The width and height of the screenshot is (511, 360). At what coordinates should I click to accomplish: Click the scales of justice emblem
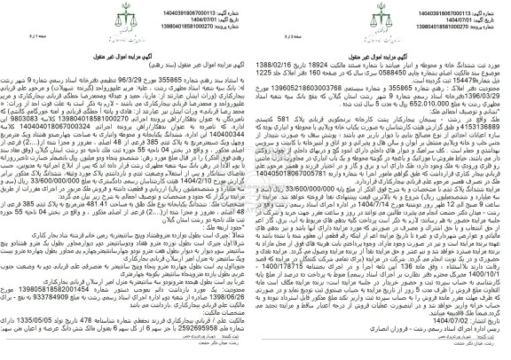255,17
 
